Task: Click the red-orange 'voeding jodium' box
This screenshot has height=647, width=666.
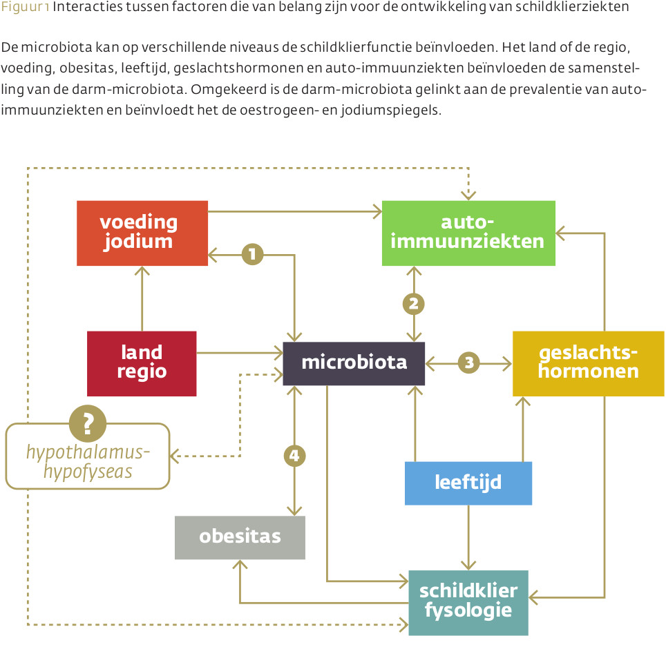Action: point(142,233)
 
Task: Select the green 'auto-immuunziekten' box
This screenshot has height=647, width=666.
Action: point(468,233)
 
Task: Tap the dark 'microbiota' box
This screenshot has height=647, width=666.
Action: point(354,363)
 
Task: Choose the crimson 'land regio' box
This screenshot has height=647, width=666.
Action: point(142,363)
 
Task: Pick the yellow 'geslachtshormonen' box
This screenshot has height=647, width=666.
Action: point(588,363)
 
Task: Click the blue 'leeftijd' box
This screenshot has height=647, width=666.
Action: point(468,483)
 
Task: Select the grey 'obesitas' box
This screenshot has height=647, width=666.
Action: point(240,537)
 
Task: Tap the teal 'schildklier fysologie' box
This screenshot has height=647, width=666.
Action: point(468,603)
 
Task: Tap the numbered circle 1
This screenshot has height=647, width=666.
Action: point(252,254)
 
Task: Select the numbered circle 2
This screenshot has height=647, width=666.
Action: point(414,304)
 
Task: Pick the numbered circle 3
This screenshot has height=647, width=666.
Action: point(469,363)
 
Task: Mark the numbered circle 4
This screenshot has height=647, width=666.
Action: point(294,456)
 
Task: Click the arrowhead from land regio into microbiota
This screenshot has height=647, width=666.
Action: point(278,352)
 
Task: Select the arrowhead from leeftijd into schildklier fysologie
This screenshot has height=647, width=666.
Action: point(468,566)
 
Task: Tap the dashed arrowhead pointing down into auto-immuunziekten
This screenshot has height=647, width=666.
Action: point(468,195)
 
